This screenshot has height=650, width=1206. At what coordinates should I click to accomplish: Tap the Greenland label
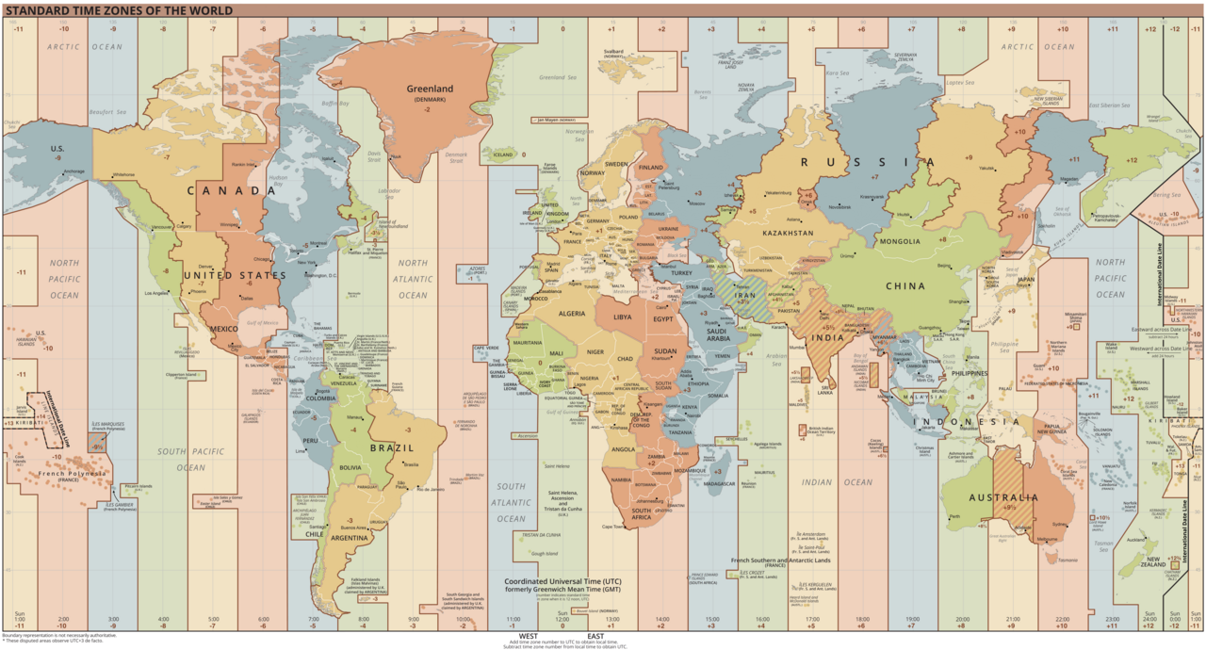[430, 89]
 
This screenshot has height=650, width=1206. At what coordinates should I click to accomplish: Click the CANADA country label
[230, 190]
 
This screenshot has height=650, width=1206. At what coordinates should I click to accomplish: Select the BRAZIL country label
[391, 447]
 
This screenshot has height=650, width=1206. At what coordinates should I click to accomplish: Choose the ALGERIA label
[573, 313]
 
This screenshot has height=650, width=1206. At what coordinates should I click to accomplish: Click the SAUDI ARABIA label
[725, 334]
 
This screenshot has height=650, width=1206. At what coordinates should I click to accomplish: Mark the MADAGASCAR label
[718, 483]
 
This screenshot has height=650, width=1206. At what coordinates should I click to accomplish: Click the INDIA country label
[828, 337]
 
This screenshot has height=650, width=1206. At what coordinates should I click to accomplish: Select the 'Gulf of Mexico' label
[263, 322]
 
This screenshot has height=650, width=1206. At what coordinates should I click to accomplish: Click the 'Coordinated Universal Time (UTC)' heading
[562, 580]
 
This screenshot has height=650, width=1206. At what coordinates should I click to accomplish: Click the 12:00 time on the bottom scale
[562, 619]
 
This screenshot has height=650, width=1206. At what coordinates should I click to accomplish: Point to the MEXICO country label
[224, 329]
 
